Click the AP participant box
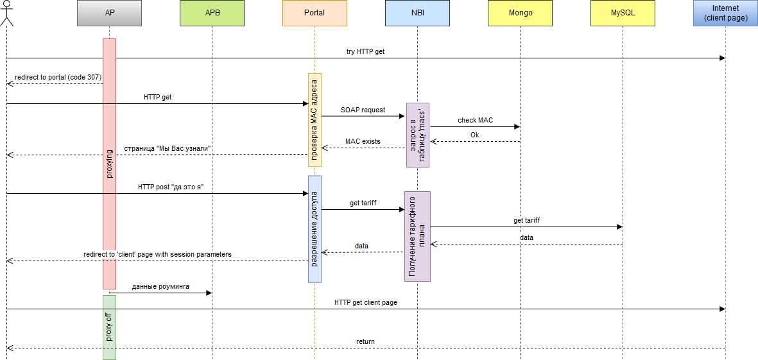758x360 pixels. (109, 13)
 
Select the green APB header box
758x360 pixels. (212, 13)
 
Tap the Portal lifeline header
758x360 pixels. (314, 13)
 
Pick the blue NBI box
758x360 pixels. (417, 13)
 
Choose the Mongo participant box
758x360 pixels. (520, 13)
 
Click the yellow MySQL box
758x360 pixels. (623, 13)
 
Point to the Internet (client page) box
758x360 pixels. (725, 13)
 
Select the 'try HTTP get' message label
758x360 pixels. (365, 51)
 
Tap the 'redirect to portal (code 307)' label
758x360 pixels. (58, 77)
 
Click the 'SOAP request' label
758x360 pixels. (363, 110)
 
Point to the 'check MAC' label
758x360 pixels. (475, 120)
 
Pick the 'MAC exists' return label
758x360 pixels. (363, 141)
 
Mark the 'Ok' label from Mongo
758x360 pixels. (474, 135)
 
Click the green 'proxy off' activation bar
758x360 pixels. (109, 327)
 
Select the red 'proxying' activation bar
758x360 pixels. (109, 164)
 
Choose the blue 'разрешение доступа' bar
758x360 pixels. (314, 228)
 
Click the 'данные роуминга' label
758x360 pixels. (160, 286)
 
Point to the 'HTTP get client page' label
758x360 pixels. (365, 302)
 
